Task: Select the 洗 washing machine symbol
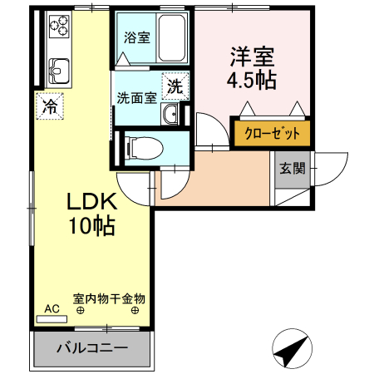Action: click(x=175, y=85)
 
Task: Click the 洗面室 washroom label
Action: click(x=136, y=97)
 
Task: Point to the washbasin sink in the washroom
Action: click(x=171, y=116)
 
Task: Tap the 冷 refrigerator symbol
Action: click(x=50, y=106)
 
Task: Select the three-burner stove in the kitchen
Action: click(x=58, y=27)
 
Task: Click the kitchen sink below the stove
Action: click(x=58, y=66)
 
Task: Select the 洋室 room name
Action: click(x=252, y=59)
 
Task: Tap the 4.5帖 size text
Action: click(x=252, y=81)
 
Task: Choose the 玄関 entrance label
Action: click(x=292, y=168)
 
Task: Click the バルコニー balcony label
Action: click(x=92, y=347)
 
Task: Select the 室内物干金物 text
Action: click(x=109, y=298)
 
